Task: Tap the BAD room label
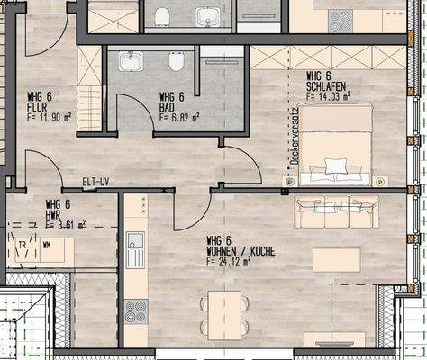pos(168,107)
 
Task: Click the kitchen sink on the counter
pos(135,241)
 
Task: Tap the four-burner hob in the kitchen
pos(135,311)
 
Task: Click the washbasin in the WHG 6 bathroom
pos(131,61)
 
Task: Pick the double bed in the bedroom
pos(334,145)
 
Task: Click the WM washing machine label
pos(46,245)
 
